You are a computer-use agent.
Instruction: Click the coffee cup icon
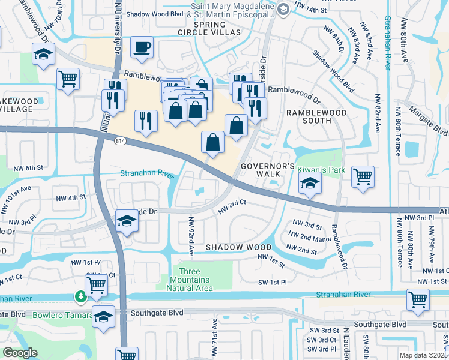coord(142,47)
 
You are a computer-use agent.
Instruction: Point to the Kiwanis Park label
coord(321,170)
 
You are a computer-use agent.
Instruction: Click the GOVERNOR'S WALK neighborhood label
coord(267,170)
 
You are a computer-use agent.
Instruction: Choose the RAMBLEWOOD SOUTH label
coord(308,116)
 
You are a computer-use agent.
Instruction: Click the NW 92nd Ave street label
coord(192,234)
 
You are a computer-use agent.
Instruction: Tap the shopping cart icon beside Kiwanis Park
coord(363,176)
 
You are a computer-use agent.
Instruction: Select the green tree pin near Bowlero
coord(79,296)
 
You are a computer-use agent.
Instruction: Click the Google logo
coord(20,353)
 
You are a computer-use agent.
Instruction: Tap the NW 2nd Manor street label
coord(310,238)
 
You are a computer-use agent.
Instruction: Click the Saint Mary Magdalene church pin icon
coord(283,8)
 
